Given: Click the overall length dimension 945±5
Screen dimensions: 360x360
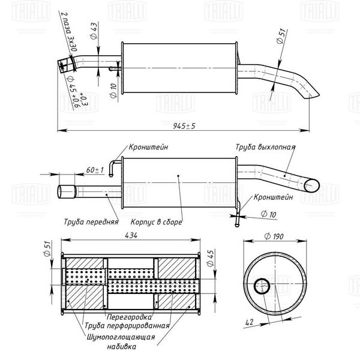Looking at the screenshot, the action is (184, 126).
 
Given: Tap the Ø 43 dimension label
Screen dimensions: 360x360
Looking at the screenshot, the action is (94, 31).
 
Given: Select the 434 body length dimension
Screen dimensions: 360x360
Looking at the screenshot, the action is (131, 235).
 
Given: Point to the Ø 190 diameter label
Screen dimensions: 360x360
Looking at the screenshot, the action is (274, 236).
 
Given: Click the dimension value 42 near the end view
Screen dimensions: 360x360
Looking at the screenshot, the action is (250, 322).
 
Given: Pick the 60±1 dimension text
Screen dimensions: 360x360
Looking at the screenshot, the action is (95, 170).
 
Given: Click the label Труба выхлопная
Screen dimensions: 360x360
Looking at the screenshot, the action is (265, 147).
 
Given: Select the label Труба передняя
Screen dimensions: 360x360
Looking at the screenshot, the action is (91, 222).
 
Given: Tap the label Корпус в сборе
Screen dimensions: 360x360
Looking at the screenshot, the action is (157, 222).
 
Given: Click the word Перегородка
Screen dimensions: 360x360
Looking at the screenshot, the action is (129, 317).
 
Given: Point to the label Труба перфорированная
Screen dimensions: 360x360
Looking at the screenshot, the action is (127, 326).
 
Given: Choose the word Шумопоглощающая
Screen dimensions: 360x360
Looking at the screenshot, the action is (121, 337).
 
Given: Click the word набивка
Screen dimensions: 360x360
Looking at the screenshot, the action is (122, 346).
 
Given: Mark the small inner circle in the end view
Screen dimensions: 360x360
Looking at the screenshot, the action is (262, 286).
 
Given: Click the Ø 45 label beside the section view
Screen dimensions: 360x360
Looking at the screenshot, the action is (211, 258).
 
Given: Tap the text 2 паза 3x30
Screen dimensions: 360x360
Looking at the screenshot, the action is (70, 32).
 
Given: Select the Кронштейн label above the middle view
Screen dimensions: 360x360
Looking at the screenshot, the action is (148, 147).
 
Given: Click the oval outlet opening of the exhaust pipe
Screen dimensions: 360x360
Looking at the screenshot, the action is (311, 185).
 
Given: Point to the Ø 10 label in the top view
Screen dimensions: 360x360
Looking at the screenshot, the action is (113, 91).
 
